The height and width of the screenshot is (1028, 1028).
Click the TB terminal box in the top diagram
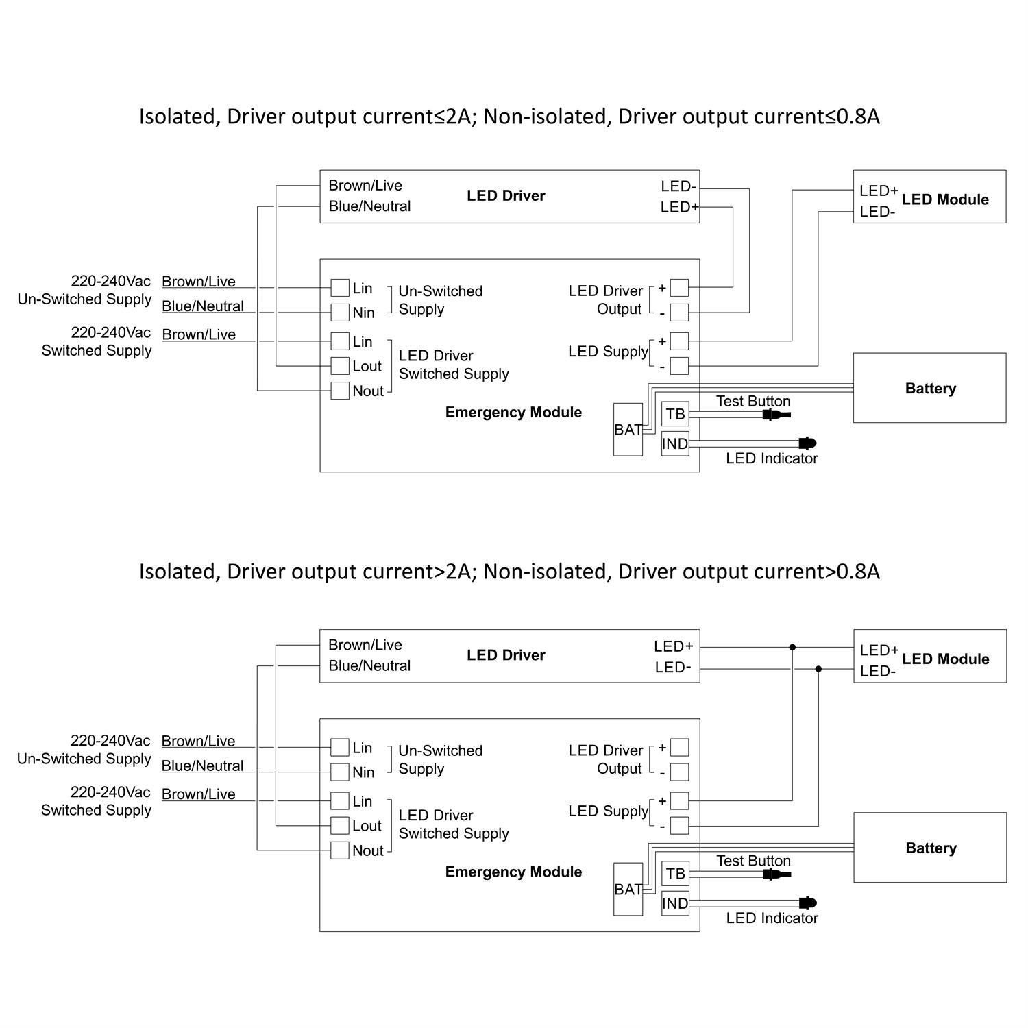(x=675, y=414)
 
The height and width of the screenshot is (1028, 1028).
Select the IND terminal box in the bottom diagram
(x=675, y=903)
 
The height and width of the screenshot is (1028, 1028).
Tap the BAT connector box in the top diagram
(x=628, y=430)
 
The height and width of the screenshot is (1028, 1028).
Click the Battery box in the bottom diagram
(x=930, y=848)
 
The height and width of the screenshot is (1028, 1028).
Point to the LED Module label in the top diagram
(x=945, y=199)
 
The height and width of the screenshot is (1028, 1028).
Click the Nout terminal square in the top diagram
(x=340, y=391)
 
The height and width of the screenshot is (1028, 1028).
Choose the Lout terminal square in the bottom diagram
(x=340, y=825)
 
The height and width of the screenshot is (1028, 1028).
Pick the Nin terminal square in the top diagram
(x=340, y=313)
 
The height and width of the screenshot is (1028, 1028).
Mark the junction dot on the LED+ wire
(x=792, y=647)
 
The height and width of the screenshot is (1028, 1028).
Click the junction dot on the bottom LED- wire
(x=818, y=669)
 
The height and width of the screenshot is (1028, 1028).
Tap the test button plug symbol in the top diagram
(x=775, y=415)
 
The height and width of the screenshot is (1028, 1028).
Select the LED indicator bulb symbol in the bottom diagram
(x=807, y=903)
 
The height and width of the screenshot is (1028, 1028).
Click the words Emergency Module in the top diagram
(x=513, y=413)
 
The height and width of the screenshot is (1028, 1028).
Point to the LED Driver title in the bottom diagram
(x=506, y=655)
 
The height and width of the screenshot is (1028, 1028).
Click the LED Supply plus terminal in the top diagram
(x=679, y=341)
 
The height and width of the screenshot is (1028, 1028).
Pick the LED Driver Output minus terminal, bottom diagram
(x=679, y=772)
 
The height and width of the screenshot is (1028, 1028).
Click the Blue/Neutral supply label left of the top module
(x=203, y=306)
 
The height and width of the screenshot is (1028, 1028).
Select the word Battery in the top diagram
(x=930, y=389)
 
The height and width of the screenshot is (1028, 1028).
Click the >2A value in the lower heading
(x=452, y=572)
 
